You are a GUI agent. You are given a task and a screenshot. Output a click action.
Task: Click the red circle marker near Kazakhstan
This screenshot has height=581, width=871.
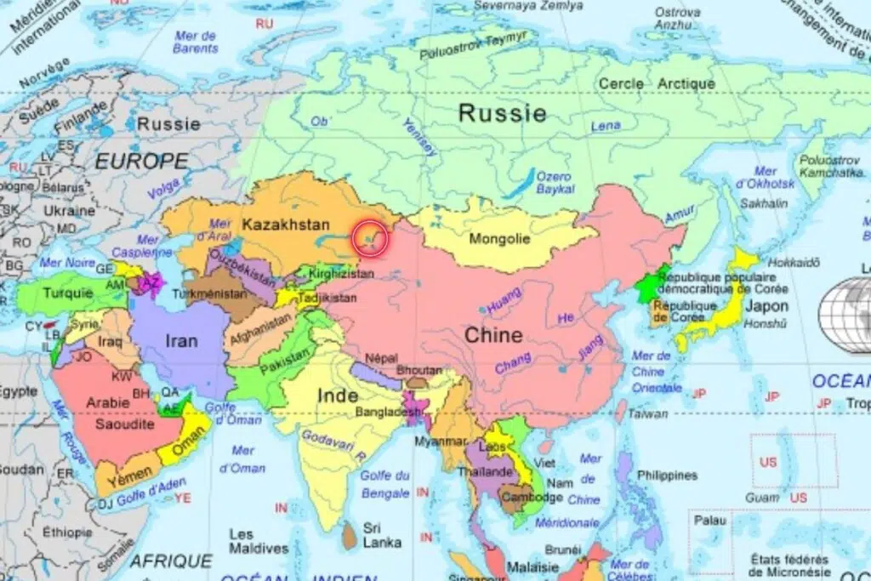[369, 239]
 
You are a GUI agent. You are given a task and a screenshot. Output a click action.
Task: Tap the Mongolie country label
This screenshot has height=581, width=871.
[499, 239]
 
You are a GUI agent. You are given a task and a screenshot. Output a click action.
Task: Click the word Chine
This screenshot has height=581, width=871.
[493, 335]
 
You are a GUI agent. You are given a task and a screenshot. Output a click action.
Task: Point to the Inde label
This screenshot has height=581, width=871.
[338, 395]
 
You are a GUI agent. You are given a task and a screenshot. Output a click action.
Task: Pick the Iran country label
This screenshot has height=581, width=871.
[181, 341]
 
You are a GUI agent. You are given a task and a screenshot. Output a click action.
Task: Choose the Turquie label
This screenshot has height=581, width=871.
[68, 293]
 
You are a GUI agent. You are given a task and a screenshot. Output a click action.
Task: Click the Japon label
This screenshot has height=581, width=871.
[766, 306]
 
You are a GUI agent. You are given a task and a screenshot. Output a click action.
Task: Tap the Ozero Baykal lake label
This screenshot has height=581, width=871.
[554, 183]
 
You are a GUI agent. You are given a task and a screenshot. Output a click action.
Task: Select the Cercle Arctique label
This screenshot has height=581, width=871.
[657, 83]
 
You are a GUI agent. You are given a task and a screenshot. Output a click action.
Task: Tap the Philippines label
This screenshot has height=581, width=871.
[667, 476]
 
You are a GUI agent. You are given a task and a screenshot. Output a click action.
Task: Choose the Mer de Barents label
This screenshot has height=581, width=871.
[195, 42]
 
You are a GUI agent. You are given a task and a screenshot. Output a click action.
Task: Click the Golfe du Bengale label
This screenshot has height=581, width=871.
[385, 484]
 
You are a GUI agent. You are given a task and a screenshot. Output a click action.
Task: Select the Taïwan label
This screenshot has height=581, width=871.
[651, 413]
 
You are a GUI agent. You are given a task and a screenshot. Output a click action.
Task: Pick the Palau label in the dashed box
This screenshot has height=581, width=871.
[709, 519]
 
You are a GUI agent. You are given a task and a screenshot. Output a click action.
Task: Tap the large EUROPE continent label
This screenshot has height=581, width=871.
[141, 161]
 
